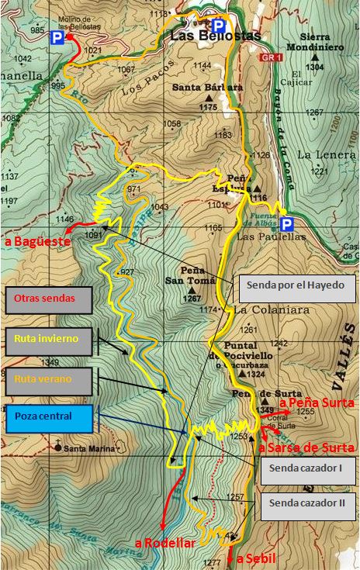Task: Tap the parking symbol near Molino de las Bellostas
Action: point(57,37)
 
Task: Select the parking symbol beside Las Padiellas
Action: point(287,225)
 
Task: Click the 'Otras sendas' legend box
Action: point(48,297)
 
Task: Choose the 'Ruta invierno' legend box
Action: point(49,338)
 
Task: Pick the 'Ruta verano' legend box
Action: point(49,380)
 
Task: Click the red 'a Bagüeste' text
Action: point(37,242)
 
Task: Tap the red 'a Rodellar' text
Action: point(165,544)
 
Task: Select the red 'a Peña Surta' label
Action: point(316,403)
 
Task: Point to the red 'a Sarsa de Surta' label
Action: point(306,447)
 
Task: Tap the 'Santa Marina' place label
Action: point(87,447)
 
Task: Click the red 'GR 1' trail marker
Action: point(270,58)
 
